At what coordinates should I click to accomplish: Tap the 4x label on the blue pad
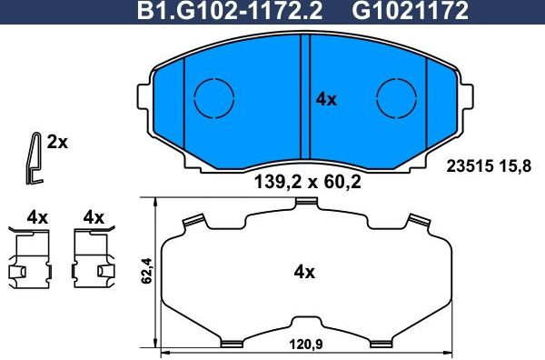pos(325,100)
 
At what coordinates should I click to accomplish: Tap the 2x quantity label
pos(57,142)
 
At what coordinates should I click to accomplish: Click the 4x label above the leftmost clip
pos(37,217)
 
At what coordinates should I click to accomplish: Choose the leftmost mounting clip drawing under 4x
pos(31,258)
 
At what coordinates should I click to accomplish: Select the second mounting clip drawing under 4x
pos(94,258)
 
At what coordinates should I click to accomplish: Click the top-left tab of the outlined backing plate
pos(191,220)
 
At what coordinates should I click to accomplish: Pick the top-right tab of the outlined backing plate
pos(419,220)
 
